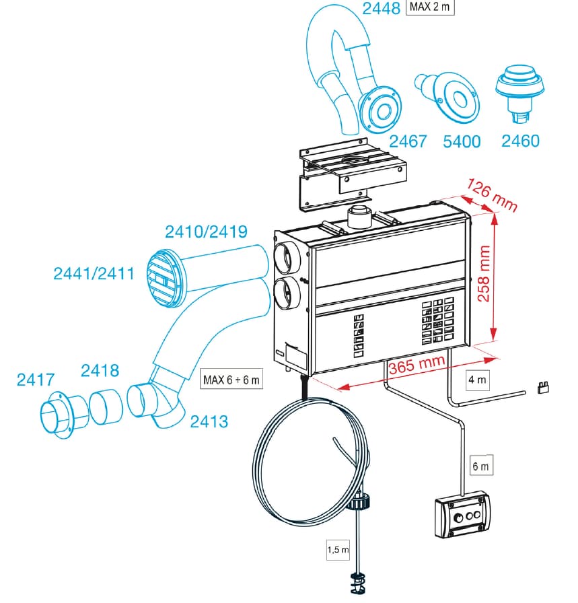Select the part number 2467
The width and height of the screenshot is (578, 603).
(x=408, y=141)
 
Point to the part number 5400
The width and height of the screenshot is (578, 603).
(x=462, y=141)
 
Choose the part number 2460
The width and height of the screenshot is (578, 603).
(x=520, y=141)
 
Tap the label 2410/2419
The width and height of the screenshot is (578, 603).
(x=207, y=232)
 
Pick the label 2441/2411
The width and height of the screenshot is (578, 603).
(x=94, y=274)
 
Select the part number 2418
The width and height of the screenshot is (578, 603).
(x=100, y=370)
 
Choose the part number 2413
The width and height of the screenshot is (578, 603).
(x=209, y=422)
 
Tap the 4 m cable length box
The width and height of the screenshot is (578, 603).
(x=478, y=380)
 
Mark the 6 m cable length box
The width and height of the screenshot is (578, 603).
(x=482, y=465)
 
